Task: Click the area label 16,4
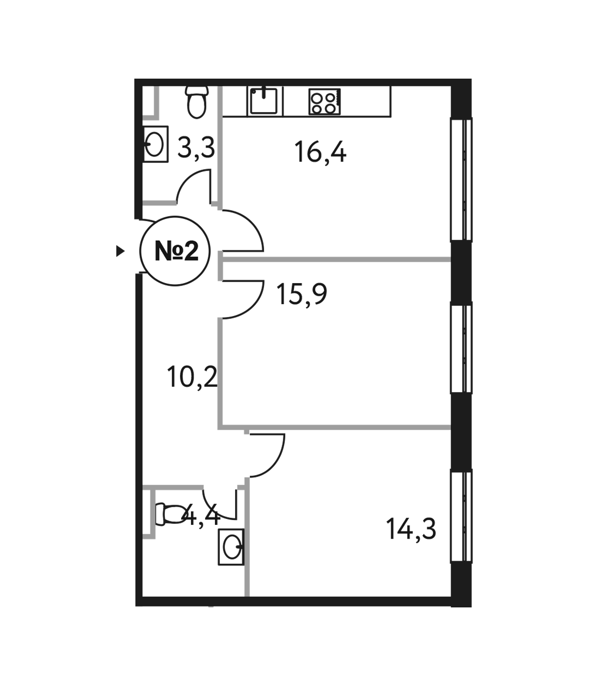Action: pyautogui.click(x=321, y=152)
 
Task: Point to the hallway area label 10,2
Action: pyautogui.click(x=192, y=376)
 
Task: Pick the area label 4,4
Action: pyautogui.click(x=201, y=515)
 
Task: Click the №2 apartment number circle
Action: pyautogui.click(x=175, y=251)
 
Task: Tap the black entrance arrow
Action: pyautogui.click(x=120, y=251)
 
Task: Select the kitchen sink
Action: pyautogui.click(x=264, y=101)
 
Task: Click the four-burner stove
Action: pyautogui.click(x=324, y=102)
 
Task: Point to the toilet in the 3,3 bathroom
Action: pyautogui.click(x=197, y=102)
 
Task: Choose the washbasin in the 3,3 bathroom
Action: pyautogui.click(x=156, y=144)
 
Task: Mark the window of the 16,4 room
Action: pyautogui.click(x=461, y=179)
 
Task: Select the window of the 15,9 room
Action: pyautogui.click(x=461, y=348)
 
